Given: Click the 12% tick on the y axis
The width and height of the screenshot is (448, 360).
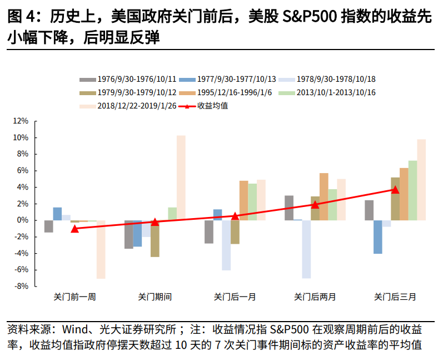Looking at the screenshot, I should click(x=21, y=121).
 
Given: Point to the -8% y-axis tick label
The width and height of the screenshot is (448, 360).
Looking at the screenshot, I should click(x=21, y=287).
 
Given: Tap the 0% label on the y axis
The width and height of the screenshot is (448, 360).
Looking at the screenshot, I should click(x=23, y=220).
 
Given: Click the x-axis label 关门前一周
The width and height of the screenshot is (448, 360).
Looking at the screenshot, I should click(x=75, y=297).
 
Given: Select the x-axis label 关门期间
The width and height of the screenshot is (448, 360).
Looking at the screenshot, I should click(x=155, y=297).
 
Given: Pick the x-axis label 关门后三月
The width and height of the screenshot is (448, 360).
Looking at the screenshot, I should click(x=395, y=297).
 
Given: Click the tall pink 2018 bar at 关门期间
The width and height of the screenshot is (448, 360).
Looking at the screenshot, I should click(x=181, y=178).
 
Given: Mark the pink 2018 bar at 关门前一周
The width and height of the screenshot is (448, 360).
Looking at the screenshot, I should click(x=101, y=249).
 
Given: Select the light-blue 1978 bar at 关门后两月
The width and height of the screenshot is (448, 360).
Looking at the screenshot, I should click(x=306, y=249).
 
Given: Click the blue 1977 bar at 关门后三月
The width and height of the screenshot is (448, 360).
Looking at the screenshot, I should click(x=378, y=237).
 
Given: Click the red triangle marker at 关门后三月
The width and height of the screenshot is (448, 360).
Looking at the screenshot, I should click(x=395, y=190).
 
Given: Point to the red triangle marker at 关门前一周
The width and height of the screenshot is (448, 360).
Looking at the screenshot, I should click(x=75, y=228).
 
